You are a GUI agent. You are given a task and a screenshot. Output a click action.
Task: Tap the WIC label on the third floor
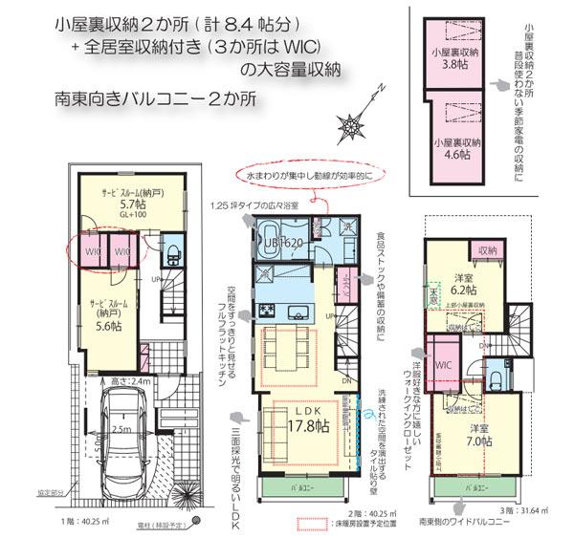pos(442,365)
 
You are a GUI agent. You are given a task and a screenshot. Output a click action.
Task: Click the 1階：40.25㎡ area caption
pos(92,523)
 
